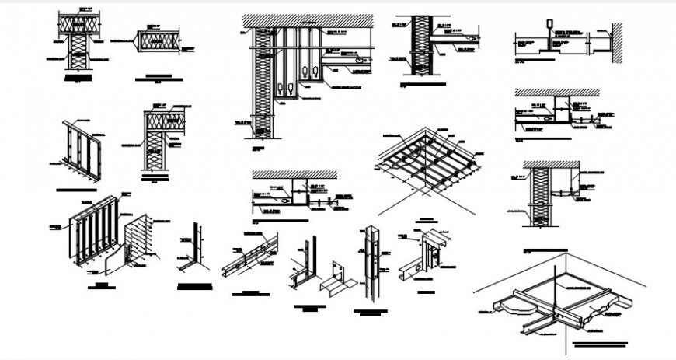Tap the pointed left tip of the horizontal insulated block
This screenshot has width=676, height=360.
136,40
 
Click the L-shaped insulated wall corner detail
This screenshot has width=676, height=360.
160,139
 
